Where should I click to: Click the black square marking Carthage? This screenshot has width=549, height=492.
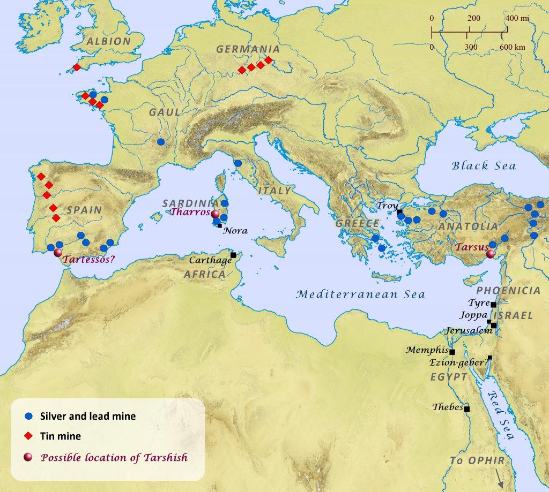(x=233, y=255)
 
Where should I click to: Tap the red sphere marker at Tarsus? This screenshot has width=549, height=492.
(x=490, y=254)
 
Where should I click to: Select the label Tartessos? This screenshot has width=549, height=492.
(x=89, y=261)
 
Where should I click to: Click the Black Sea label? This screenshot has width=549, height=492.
(x=484, y=165)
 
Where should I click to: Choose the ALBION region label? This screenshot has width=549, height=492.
(x=109, y=41)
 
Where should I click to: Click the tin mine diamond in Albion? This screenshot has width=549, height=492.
(x=77, y=67)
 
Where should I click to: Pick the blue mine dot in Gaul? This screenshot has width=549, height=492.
(x=161, y=142)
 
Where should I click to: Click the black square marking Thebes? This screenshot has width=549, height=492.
(x=467, y=410)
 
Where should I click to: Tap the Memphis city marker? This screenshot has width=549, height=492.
(x=452, y=352)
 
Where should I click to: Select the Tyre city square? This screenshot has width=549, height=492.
(x=493, y=304)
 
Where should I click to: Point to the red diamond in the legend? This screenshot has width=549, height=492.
(x=29, y=436)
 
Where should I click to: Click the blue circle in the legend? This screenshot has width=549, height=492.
(x=29, y=416)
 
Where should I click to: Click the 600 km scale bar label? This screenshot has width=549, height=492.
(x=512, y=47)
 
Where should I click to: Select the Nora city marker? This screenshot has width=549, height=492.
(x=220, y=226)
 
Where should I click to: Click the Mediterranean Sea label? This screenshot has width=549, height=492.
(x=361, y=294)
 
